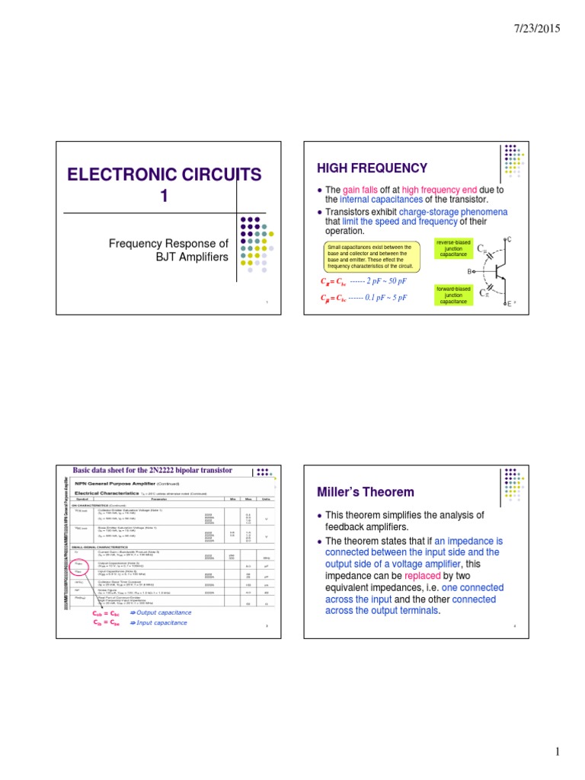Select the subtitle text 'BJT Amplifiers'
(193, 257)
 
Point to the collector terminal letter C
(509, 239)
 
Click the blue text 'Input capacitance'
(161, 622)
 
